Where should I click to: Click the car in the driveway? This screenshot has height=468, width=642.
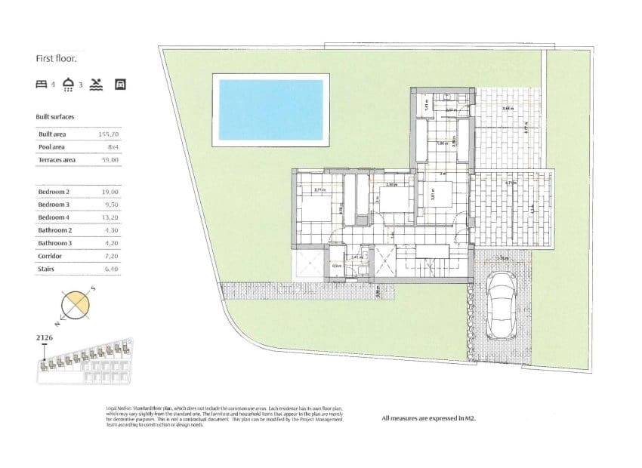tap(502, 306)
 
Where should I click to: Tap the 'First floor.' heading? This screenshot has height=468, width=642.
tap(56, 57)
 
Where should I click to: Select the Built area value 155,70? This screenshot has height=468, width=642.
tap(110, 134)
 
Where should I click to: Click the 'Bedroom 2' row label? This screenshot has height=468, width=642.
tap(54, 192)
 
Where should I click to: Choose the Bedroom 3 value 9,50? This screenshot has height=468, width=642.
tap(111, 205)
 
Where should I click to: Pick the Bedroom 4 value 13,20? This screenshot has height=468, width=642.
tap(110, 217)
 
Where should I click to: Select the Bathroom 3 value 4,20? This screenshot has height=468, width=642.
tap(111, 243)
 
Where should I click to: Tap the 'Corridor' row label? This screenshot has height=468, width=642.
tap(51, 256)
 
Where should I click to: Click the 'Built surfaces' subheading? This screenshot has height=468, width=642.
tap(55, 117)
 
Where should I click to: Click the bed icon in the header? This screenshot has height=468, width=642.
tap(42, 85)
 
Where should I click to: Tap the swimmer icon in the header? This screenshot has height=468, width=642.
tap(96, 85)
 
